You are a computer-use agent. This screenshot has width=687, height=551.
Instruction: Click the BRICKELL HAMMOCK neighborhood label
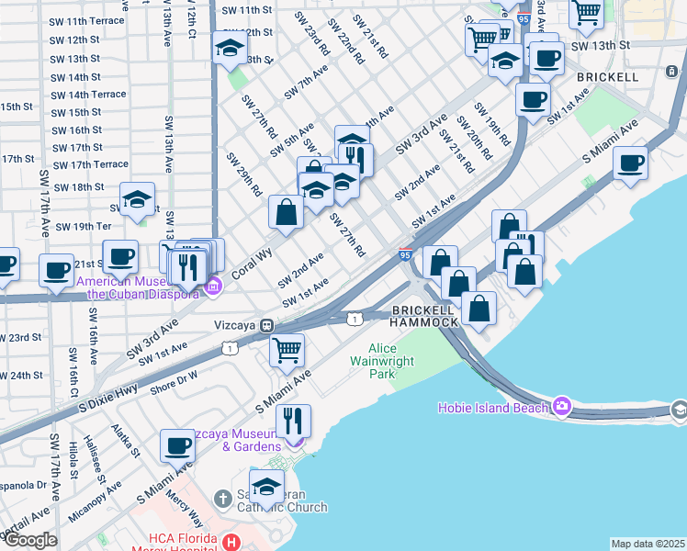[x=423, y=317]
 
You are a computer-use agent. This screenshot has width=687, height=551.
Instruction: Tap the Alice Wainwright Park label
[x=395, y=361]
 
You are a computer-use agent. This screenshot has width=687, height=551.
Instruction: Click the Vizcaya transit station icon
[x=266, y=325]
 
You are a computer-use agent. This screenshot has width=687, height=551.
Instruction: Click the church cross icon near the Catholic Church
[x=222, y=499]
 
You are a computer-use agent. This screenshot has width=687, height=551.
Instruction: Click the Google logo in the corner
[x=29, y=540]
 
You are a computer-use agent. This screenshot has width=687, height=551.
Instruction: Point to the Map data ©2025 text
[x=647, y=544]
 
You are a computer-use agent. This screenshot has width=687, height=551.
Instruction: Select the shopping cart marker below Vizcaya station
[x=287, y=349]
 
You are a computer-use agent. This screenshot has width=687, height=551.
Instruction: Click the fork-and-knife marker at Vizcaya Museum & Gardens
[x=293, y=421]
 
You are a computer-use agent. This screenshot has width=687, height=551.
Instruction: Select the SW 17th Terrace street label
[x=91, y=164]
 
